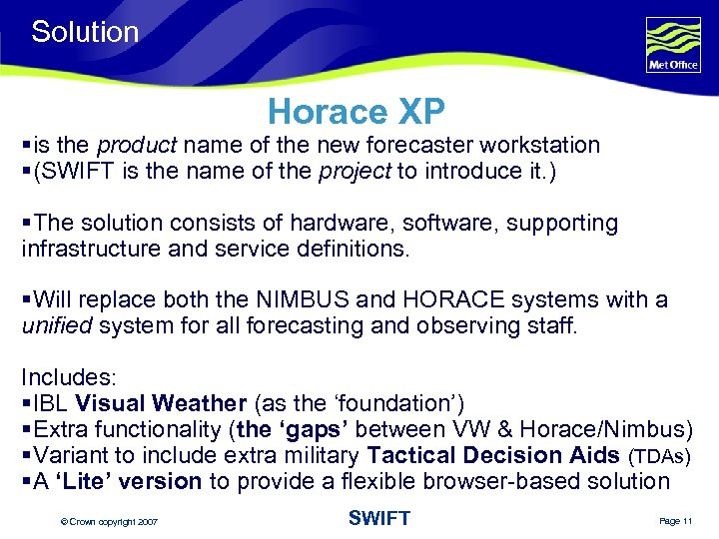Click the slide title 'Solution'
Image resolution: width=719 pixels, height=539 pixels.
pyautogui.click(x=85, y=32)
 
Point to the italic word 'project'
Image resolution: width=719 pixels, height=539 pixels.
pyautogui.click(x=355, y=171)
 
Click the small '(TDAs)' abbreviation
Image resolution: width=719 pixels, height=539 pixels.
pyautogui.click(x=660, y=457)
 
